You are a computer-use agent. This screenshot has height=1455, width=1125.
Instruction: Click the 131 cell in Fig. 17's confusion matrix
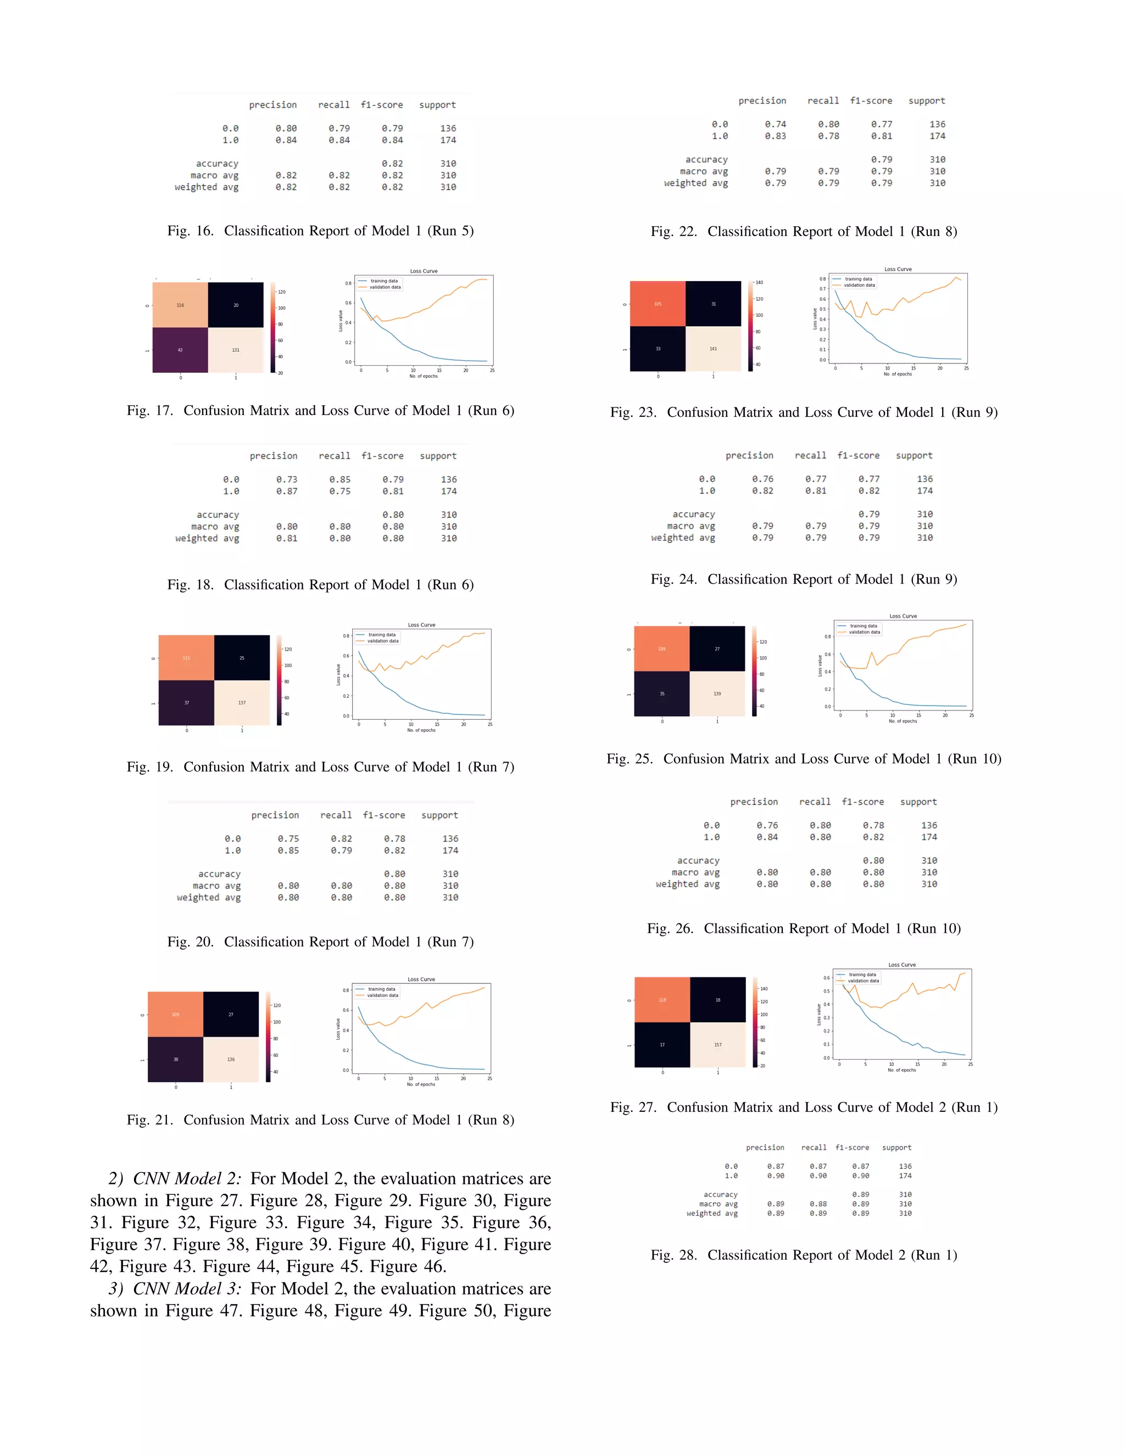click(x=235, y=350)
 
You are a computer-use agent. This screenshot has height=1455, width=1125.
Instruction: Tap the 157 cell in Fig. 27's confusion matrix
click(x=718, y=1045)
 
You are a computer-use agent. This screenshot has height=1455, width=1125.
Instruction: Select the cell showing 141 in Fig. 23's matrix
click(x=713, y=349)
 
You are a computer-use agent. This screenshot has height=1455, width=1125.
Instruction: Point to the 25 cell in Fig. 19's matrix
click(x=242, y=658)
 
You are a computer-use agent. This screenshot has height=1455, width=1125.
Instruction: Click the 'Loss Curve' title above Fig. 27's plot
click(x=902, y=965)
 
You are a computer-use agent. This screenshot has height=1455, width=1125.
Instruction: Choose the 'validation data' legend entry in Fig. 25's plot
click(x=865, y=632)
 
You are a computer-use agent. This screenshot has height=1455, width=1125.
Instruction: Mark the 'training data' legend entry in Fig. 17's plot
click(x=384, y=281)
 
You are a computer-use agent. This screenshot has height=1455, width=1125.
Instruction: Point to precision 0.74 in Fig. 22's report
click(x=775, y=125)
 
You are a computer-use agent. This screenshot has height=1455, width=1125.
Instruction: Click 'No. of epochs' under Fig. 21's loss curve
click(x=421, y=1084)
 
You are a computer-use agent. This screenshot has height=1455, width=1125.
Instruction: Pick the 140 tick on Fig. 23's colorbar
click(x=759, y=282)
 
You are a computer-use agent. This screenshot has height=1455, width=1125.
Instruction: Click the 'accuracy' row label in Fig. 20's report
click(x=219, y=874)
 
